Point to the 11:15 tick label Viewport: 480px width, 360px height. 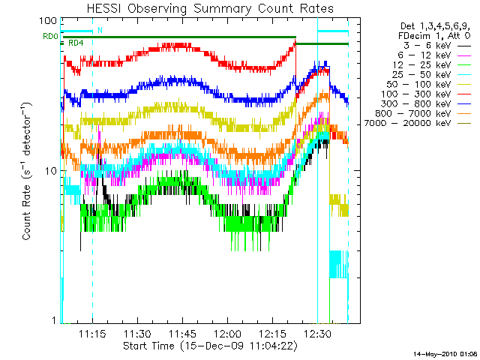92,333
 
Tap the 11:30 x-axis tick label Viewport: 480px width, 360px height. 138,333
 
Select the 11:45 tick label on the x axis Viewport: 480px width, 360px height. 183,333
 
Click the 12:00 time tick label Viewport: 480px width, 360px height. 228,333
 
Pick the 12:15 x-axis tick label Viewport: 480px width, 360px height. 273,333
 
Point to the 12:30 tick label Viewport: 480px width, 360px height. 318,333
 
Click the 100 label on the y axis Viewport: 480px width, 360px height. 49,21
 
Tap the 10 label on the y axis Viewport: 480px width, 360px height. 52,171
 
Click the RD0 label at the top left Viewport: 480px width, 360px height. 50,36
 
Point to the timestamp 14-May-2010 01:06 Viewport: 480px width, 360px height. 445,353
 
